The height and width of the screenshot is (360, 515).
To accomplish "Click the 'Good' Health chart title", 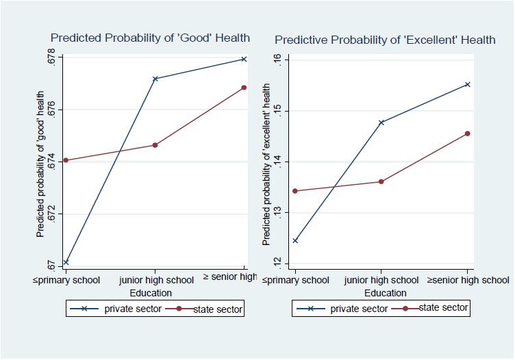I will point(150,38).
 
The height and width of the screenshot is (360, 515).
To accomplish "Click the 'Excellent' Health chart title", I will point(384,40).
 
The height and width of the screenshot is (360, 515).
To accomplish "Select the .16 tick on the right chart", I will point(277,60).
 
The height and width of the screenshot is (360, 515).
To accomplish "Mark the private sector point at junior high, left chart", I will point(155,79).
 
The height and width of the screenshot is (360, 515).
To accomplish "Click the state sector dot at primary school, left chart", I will point(66,160).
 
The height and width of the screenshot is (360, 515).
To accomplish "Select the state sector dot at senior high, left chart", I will point(244,88).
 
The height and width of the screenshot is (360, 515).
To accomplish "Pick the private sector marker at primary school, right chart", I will point(295,240).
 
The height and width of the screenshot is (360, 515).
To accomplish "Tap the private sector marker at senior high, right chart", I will point(468,84).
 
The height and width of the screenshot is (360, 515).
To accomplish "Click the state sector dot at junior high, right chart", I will point(381,181).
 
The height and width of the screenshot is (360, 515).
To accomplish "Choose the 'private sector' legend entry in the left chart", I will point(117,309).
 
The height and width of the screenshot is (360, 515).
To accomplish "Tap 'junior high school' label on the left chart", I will point(156,280).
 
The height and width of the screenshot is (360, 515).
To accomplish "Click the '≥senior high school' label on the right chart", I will point(468,280).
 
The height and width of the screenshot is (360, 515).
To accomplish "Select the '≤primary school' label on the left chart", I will point(66,280).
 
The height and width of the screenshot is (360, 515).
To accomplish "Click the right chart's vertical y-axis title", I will point(266,164).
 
